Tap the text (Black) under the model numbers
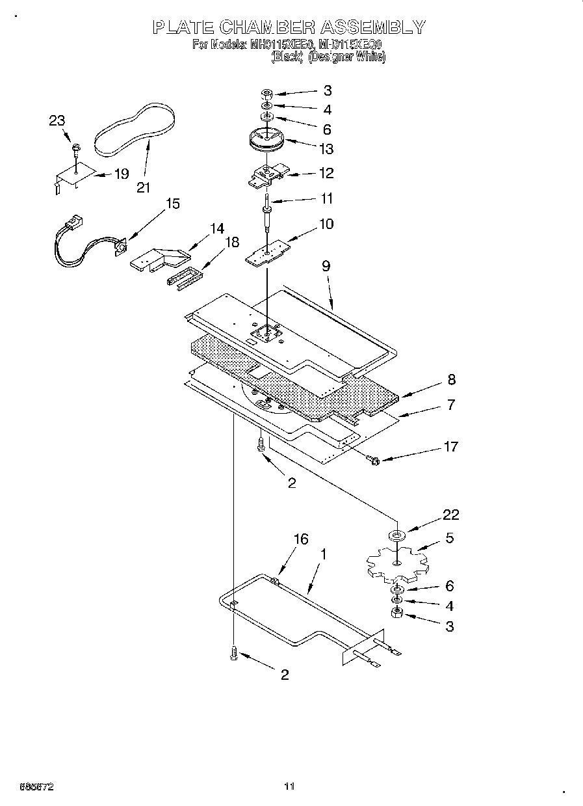[287, 57]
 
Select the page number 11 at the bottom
[290, 786]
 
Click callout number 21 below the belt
[143, 187]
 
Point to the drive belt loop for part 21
[135, 129]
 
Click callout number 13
[326, 149]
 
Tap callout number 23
[57, 120]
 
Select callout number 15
[172, 204]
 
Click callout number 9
[326, 265]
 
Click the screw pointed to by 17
[374, 461]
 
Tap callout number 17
[450, 446]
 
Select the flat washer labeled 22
[396, 535]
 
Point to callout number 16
[300, 539]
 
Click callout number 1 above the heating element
[324, 554]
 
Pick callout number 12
[326, 173]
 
